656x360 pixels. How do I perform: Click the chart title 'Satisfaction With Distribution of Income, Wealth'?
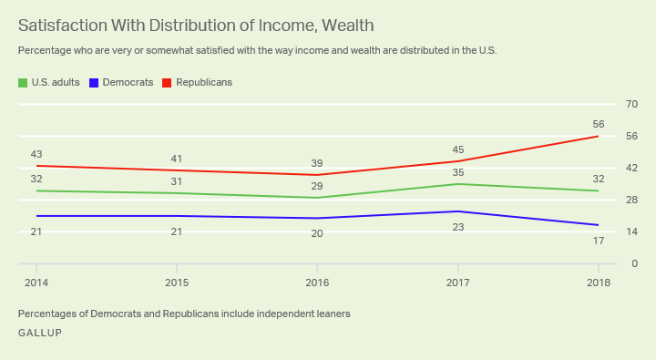coord(195,25)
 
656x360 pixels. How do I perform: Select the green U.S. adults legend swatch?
coord(23,83)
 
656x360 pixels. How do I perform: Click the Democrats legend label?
coord(128,82)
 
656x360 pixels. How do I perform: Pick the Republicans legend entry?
coord(203,82)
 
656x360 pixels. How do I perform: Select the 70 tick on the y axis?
coord(631,104)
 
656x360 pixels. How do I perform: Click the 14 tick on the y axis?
coord(631,232)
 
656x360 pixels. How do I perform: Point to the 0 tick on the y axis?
coord(634,264)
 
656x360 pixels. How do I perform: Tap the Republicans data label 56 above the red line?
coord(599,124)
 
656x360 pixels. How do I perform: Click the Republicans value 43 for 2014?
coord(36,154)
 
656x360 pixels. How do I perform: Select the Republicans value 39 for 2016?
coord(316,162)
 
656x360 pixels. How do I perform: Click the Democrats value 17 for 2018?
coord(599,242)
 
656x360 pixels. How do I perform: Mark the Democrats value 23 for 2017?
coord(458,228)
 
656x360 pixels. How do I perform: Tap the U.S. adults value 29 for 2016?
coord(316,185)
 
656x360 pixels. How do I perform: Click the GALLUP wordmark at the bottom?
coord(40,333)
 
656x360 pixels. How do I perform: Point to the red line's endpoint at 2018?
coord(598,137)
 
